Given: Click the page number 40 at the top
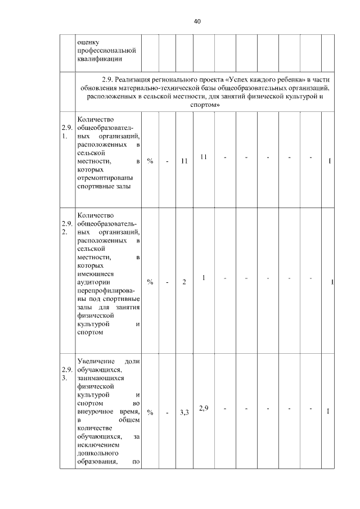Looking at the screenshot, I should point(196,21).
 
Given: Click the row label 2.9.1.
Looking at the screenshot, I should point(67,132).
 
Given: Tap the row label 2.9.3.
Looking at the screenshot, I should point(67,373).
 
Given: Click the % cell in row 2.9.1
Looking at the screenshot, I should point(150,161).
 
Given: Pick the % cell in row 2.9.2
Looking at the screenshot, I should point(150,282).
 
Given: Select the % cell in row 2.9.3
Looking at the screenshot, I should point(150,412).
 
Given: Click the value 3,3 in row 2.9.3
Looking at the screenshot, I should point(184,412).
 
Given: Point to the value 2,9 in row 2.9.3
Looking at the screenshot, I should point(204,408).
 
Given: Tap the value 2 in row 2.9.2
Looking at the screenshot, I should point(184,282).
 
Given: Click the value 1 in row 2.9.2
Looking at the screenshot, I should point(204,277).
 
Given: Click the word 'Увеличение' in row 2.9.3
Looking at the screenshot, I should point(96,361).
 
